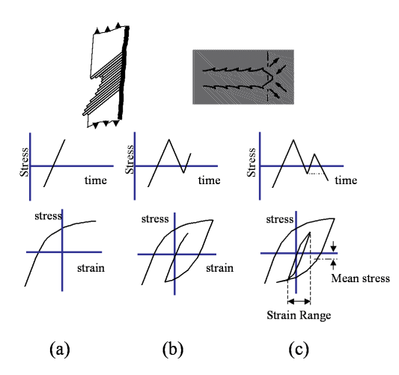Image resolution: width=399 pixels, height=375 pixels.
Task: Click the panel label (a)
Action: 60,350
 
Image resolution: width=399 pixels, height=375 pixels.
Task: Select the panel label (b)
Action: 173,350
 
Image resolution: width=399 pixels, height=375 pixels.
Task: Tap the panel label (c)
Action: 299,350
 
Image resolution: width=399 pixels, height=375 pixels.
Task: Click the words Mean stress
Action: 360,278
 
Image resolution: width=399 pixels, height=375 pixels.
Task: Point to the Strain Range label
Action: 299,315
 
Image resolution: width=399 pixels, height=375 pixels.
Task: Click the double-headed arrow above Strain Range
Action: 299,302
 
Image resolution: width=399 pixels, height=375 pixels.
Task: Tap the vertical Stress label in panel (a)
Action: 25,162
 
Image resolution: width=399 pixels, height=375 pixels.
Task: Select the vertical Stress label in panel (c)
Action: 252,162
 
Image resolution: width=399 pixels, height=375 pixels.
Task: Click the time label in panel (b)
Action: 209,180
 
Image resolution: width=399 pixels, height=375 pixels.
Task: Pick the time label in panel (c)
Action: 346,180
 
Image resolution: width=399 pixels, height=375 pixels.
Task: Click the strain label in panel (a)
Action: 91,268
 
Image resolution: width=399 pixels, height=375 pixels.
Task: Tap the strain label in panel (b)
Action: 219,268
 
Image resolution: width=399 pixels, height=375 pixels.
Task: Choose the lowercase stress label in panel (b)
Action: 155,219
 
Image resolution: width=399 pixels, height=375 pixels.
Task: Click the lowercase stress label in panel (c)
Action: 280,219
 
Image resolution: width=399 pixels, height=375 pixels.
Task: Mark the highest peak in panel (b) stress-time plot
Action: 168,139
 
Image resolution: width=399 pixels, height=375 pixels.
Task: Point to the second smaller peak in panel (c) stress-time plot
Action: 314,154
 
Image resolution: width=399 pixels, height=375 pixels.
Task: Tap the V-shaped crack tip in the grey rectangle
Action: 272,76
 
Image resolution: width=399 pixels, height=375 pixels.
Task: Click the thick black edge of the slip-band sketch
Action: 124,73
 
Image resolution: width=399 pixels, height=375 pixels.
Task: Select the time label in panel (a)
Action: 95,180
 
